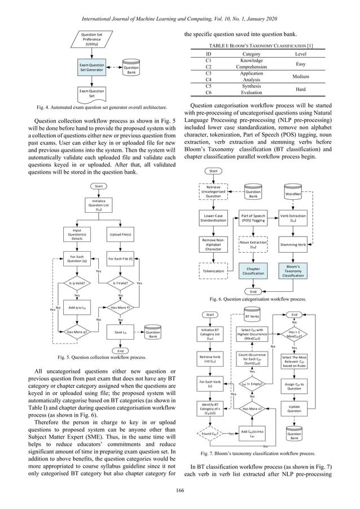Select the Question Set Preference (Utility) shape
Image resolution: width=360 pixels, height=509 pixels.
point(92,40)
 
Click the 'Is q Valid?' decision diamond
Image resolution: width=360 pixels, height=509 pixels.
point(77,283)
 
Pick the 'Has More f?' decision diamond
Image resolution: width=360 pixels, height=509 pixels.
point(120,308)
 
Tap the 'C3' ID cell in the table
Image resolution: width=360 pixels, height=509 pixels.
point(208,73)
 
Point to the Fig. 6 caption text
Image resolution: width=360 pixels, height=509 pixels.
point(258,299)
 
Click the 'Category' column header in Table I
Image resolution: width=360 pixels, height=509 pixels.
point(247,54)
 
